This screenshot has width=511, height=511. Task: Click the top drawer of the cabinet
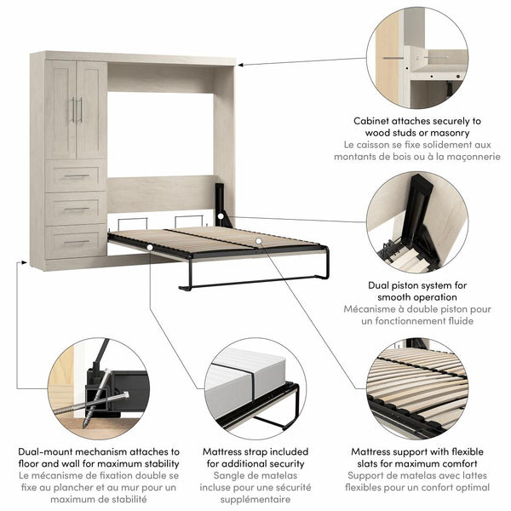click(76, 176)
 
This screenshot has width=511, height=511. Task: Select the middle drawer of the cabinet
click(76, 209)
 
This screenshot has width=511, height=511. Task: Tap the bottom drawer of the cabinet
click(76, 242)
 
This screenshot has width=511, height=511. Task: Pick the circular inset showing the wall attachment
click(417, 57)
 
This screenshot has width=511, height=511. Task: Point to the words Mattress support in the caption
click(393, 451)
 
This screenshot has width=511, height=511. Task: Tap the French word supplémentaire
click(255, 503)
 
